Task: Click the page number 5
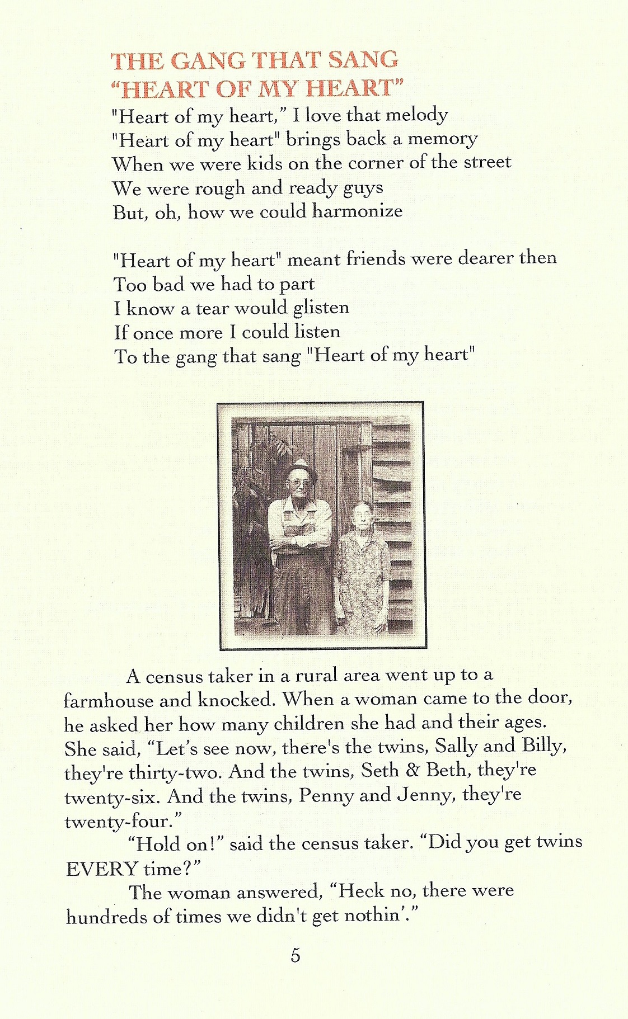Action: point(295,955)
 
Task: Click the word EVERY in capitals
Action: point(102,869)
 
